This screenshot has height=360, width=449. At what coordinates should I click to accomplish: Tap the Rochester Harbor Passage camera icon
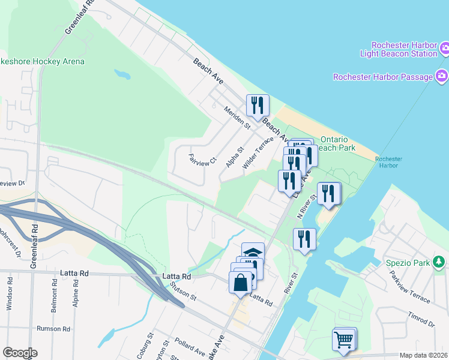click(442, 76)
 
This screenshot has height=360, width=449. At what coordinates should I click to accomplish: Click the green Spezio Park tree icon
click(439, 262)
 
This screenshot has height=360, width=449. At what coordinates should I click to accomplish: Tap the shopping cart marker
click(344, 340)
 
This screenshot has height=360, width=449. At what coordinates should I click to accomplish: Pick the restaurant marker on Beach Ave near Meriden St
click(257, 105)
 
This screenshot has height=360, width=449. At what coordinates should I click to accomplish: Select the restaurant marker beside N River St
click(328, 194)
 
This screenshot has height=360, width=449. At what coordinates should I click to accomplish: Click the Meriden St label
click(237, 118)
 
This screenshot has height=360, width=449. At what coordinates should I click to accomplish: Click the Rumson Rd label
click(53, 329)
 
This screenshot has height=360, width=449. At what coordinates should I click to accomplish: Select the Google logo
click(20, 353)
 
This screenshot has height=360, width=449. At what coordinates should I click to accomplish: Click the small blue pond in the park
click(122, 75)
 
